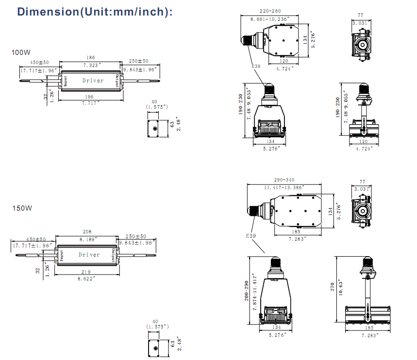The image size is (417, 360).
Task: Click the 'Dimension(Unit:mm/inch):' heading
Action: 95,12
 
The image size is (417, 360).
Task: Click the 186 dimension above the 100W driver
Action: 91,58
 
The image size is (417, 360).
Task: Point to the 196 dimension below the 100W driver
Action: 90,97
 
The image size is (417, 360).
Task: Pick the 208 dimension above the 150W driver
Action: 88,232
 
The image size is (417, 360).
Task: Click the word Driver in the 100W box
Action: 93,81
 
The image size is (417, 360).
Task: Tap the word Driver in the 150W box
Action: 89,255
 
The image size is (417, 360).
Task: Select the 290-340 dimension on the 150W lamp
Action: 284,180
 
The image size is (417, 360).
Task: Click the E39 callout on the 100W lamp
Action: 256,66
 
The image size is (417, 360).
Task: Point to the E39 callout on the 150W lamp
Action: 250,236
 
